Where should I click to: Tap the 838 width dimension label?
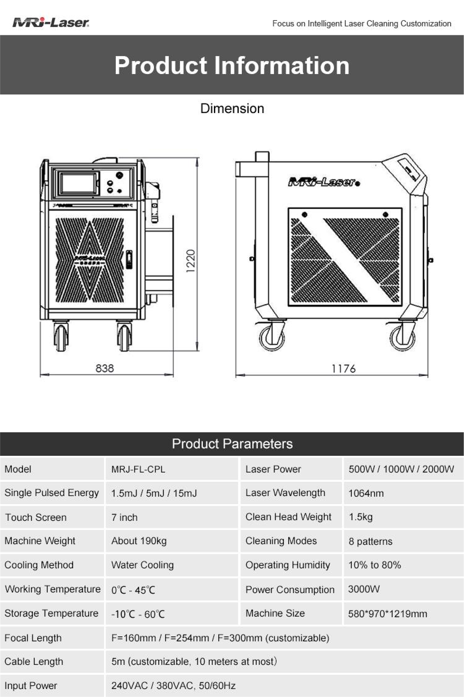[x=104, y=368]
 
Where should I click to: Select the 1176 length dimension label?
[x=343, y=369]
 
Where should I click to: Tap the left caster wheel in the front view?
[x=61, y=337]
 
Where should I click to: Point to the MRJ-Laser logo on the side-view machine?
[x=324, y=182]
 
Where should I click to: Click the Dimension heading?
[x=232, y=109]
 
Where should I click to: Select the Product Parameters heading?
[x=232, y=444]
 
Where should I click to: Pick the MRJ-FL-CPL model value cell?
[x=138, y=469]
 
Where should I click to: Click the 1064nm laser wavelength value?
[x=366, y=493]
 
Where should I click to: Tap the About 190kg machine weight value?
[x=139, y=541]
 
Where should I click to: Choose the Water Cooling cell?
[x=142, y=565]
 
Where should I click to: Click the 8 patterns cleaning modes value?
[x=371, y=541]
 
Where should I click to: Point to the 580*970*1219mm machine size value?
[x=387, y=614]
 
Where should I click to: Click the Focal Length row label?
[x=33, y=638]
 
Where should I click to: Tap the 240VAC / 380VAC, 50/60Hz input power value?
[x=173, y=686]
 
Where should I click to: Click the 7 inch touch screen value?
[x=124, y=517]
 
